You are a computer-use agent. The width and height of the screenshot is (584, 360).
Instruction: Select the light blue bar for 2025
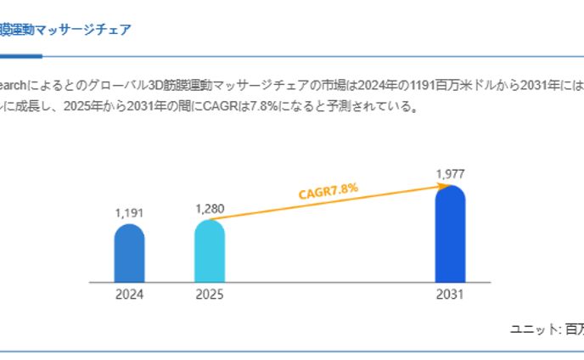(209, 251)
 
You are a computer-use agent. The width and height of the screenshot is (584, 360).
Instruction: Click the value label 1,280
(209, 208)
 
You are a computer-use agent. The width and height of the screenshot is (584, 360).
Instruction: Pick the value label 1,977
(450, 174)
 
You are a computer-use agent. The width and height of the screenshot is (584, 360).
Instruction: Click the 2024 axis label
(129, 295)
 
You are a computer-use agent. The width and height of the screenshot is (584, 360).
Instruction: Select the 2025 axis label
(209, 295)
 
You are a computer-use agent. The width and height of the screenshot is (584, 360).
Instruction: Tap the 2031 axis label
(450, 295)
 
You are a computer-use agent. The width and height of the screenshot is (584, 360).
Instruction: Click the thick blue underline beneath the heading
(21, 56)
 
